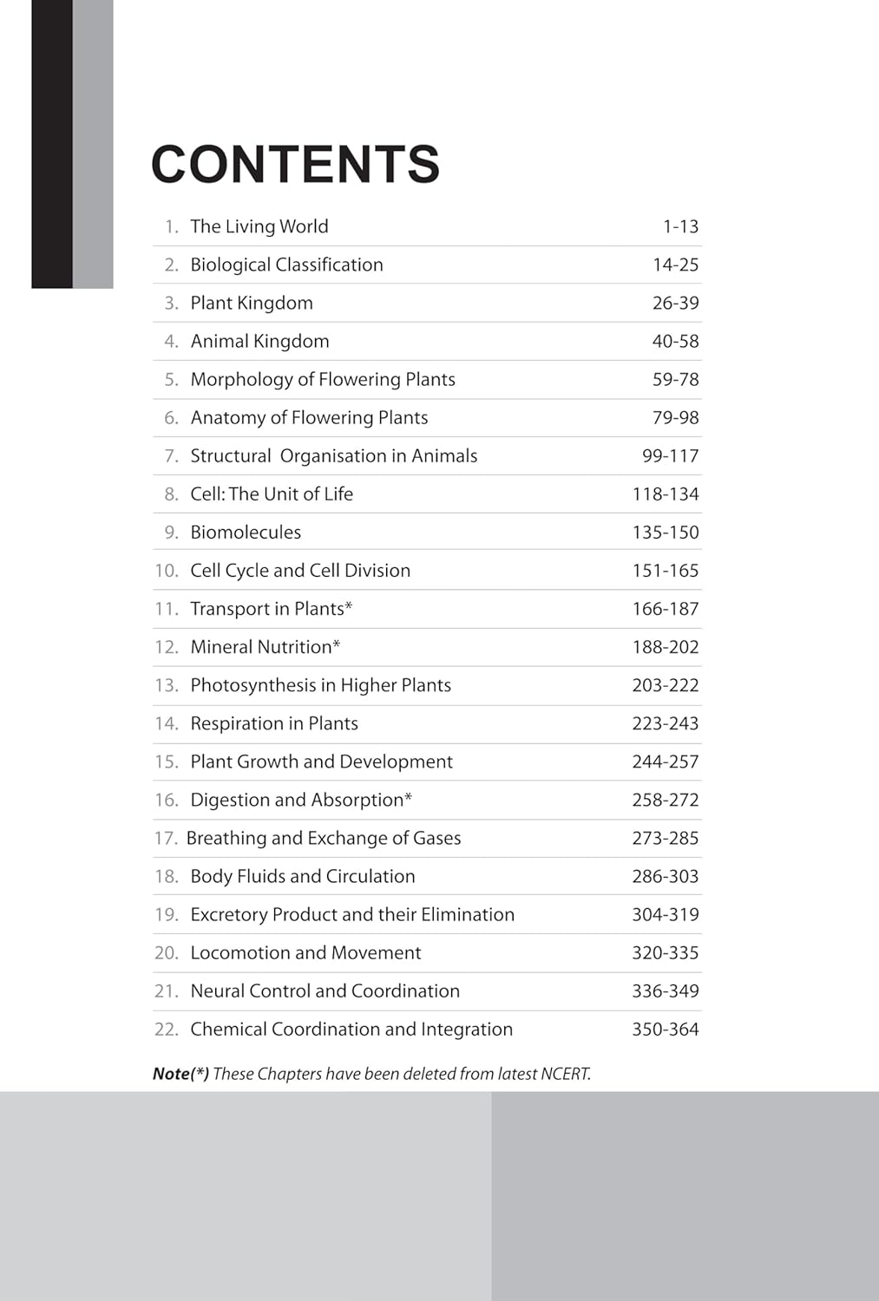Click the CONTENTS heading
pos(295,164)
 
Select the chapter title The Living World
pos(259,226)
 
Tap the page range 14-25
pos(675,265)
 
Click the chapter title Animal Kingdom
pos(259,341)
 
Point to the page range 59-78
pos(675,379)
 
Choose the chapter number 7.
pos(171,455)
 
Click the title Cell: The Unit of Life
pos(272,494)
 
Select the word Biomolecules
pos(246,532)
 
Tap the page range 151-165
pos(665,570)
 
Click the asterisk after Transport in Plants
pos(349,605)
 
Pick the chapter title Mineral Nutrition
pos(261,647)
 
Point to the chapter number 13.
pos(166,685)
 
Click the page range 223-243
pos(665,723)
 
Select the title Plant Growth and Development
pos(321,762)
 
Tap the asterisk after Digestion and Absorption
pos(409,796)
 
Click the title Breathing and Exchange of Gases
pos(324,838)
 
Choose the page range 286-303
pos(665,876)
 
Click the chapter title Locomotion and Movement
pos(305,952)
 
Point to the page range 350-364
pos(665,1029)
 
